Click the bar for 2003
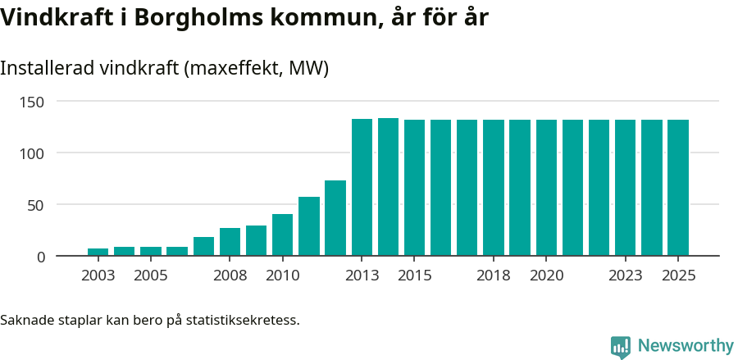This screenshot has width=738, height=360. click(x=98, y=252)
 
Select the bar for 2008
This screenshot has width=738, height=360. click(x=230, y=242)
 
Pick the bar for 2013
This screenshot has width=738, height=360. click(x=362, y=188)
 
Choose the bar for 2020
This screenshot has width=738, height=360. click(x=546, y=188)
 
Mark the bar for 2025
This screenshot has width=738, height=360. click(x=678, y=188)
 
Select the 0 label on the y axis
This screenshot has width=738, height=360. click(x=40, y=257)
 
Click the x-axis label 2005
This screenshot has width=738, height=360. click(x=151, y=276)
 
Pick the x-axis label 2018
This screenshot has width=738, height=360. click(x=494, y=276)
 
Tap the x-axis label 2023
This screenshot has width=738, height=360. click(x=626, y=276)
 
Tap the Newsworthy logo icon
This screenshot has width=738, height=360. click(x=621, y=347)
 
